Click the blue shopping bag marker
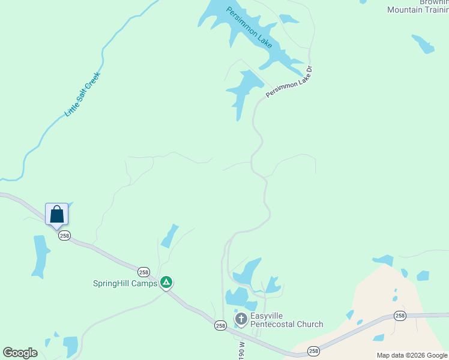click(x=56, y=215)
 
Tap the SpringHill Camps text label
click(x=125, y=283)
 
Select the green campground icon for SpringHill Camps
click(x=166, y=282)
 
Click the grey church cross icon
click(x=241, y=319)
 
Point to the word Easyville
click(x=267, y=316)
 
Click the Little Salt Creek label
click(x=82, y=94)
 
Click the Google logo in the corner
click(x=20, y=353)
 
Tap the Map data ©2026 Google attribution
click(x=412, y=355)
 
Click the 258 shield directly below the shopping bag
click(x=64, y=236)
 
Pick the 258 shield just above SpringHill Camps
click(x=143, y=271)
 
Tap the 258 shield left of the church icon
click(x=220, y=325)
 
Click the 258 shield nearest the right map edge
click(x=400, y=316)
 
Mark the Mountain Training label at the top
click(x=418, y=10)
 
